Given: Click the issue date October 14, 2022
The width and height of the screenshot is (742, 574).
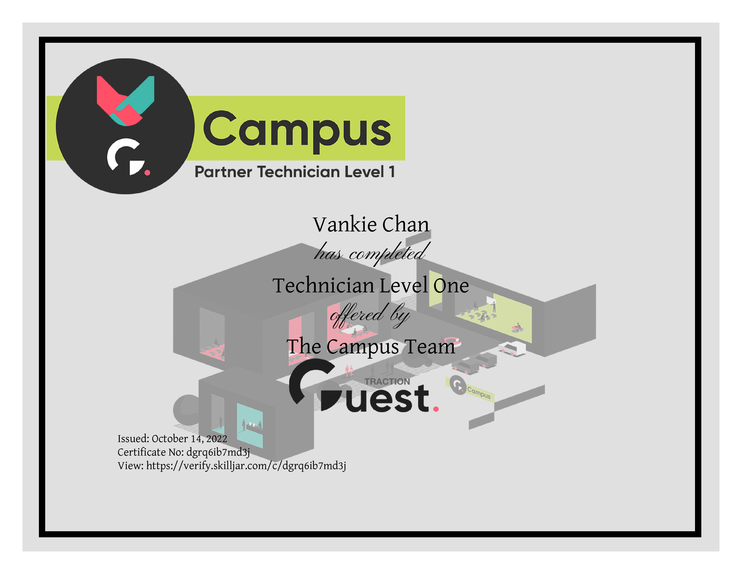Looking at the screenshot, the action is coord(189,439).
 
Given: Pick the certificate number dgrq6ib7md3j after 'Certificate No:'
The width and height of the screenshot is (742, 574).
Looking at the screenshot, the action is coord(218,453).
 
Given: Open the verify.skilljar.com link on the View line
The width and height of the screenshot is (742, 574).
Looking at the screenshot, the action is coord(246,466).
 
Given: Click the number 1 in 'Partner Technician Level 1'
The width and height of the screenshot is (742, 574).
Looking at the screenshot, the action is coord(392,172).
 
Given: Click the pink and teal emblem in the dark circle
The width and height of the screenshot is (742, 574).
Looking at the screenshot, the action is coord(125,101).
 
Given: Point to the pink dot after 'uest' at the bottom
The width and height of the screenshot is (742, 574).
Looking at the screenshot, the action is coord(436,409).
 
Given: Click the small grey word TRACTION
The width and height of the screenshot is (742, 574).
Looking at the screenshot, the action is coord(387,382).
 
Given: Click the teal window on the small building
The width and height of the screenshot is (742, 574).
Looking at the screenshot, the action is coord(250,426).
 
